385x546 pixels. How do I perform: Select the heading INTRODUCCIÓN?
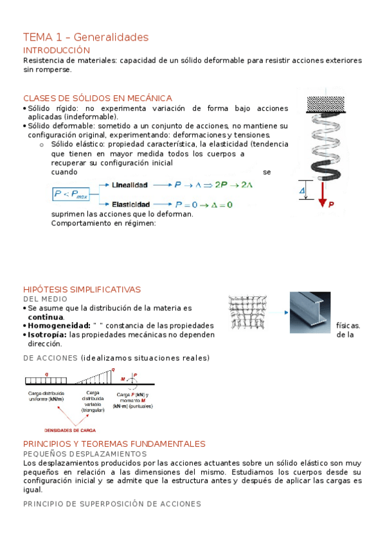57,50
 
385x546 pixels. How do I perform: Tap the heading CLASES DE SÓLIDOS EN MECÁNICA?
98,98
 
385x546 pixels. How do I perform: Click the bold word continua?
46,317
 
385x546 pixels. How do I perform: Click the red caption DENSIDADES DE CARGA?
71,429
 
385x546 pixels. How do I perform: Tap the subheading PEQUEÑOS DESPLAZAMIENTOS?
85,454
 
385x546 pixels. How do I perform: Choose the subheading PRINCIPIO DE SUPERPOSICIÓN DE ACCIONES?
112,504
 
